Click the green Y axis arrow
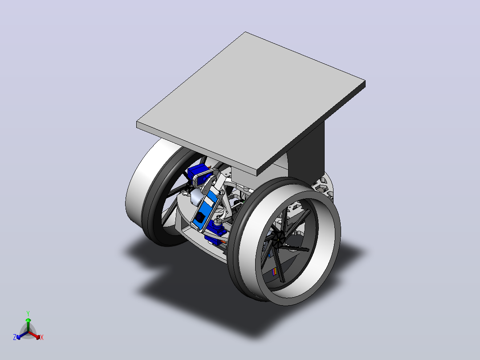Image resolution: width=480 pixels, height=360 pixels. pos(28,324)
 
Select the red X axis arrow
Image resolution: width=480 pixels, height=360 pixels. pos(34,335)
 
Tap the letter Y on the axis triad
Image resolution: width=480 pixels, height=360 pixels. pos(28,313)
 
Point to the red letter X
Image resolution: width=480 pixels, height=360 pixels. pos(42,337)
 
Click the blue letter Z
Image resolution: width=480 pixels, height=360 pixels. pos(15,337)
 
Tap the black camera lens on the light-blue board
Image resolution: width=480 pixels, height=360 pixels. pos(200,217)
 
